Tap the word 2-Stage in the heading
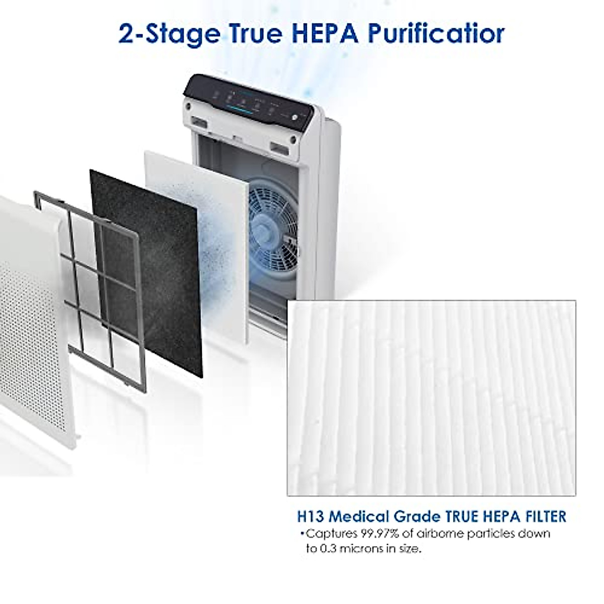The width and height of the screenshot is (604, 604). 169,34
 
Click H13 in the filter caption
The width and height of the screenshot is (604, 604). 308,516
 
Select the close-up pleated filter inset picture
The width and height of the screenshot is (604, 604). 431,398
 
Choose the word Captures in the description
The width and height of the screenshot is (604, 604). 329,534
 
